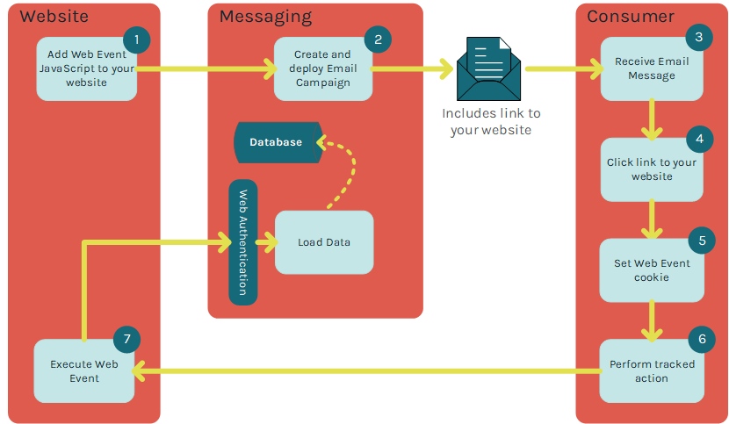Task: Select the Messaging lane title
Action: tap(265, 17)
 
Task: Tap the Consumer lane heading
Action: tap(631, 17)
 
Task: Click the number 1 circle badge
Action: tap(137, 40)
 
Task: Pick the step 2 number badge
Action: tap(378, 40)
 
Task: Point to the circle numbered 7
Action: tap(127, 339)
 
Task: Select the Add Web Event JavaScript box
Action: tap(86, 68)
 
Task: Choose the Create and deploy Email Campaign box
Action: tap(322, 68)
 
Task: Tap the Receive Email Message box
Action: tap(651, 69)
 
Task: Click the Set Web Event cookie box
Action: tap(651, 270)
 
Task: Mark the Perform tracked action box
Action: tap(651, 371)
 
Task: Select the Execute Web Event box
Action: tap(83, 371)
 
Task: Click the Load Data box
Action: tap(323, 242)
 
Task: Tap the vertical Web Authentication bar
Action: tap(243, 242)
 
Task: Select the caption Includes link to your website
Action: tap(491, 121)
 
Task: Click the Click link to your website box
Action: tap(651, 169)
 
